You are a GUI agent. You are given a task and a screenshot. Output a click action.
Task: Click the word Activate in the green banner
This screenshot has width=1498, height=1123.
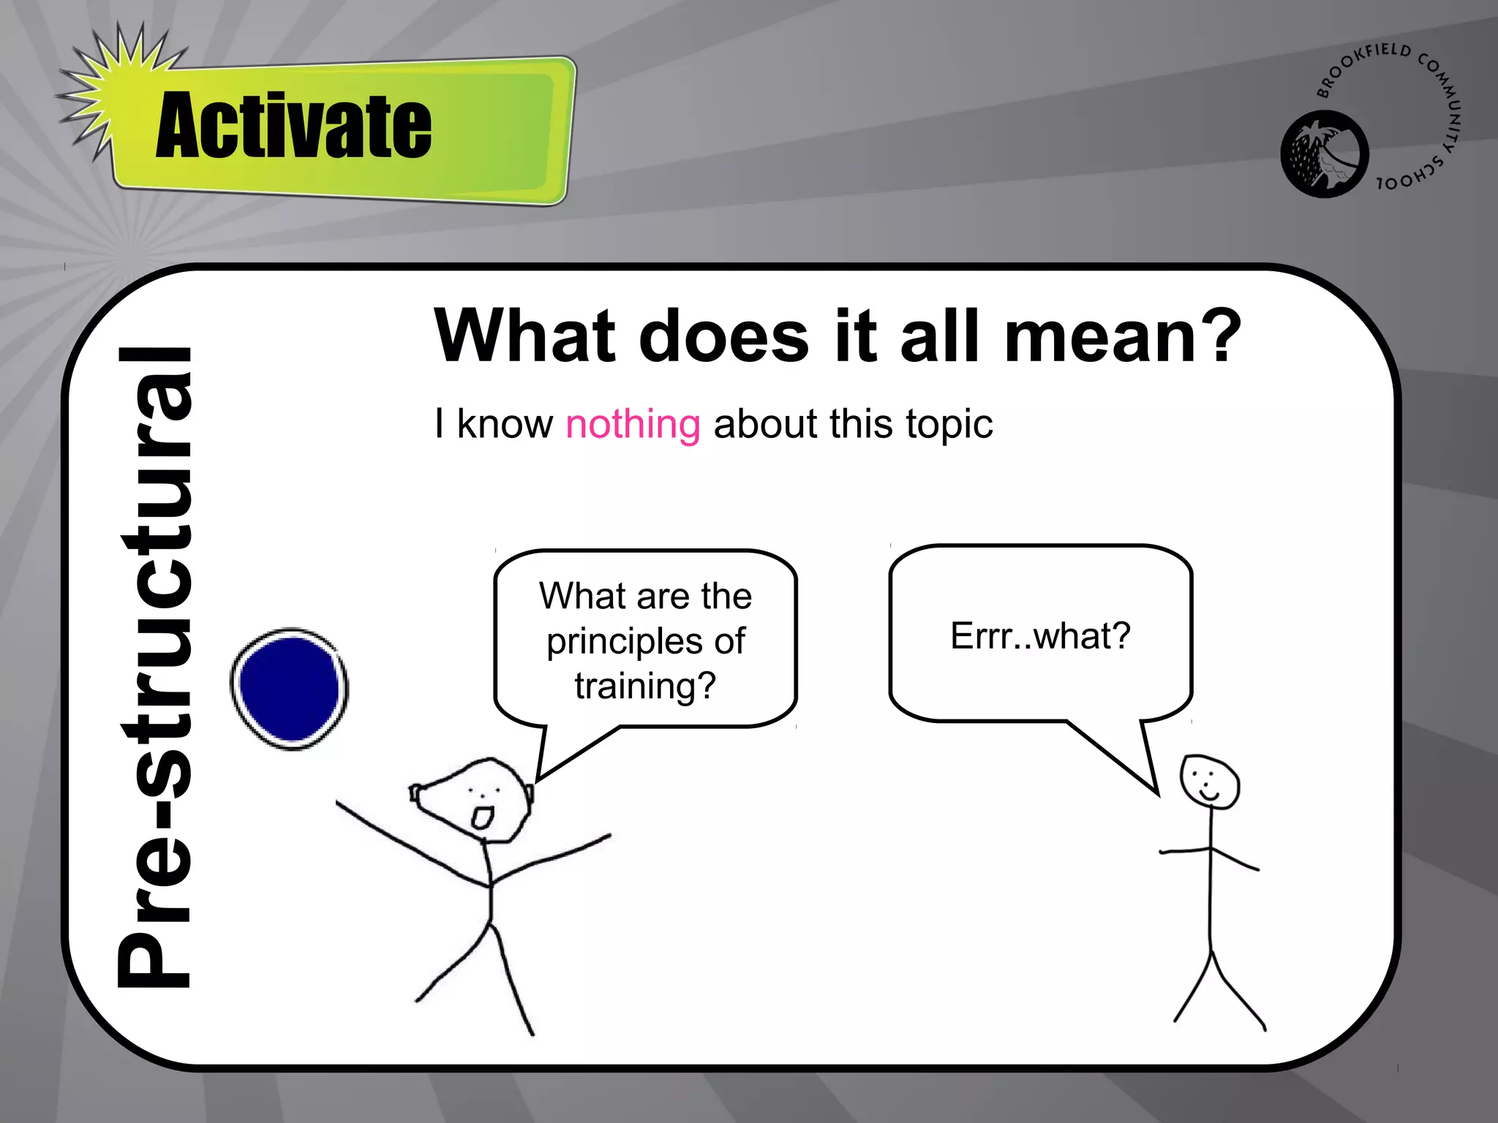point(293,126)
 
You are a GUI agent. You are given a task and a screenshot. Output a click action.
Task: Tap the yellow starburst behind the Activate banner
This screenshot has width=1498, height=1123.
point(110,88)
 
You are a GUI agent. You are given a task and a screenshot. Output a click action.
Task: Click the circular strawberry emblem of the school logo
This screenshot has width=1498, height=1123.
point(1324,154)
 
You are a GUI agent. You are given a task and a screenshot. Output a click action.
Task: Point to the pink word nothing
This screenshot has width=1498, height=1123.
point(633,424)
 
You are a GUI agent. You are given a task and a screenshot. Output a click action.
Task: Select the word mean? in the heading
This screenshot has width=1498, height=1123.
point(1123,336)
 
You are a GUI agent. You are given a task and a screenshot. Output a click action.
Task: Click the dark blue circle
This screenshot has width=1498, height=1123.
point(290,689)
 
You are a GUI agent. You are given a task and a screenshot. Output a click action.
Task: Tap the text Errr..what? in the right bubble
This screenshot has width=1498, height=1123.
point(1040,636)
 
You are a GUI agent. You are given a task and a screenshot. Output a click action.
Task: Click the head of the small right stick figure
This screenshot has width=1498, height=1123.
point(1209,781)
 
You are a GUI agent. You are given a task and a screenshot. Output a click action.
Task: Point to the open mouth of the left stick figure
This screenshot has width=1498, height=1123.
point(482,817)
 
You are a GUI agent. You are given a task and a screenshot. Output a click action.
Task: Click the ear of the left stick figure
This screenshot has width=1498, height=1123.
point(415,793)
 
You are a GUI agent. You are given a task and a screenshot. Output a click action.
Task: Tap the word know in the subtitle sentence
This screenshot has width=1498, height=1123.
point(505,424)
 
